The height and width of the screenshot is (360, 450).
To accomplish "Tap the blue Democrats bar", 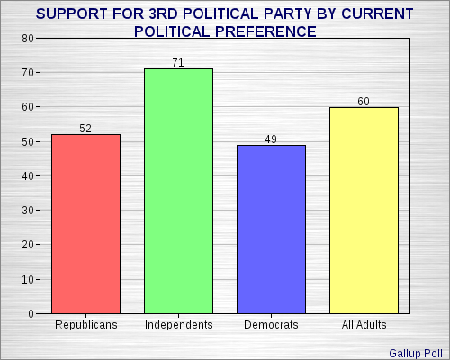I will pyautogui.click(x=271, y=229).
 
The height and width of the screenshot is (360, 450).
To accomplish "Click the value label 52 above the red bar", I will pyautogui.click(x=85, y=128).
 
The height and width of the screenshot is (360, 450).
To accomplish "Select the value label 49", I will pyautogui.click(x=271, y=139).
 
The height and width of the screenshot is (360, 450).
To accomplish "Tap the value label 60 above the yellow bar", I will pyautogui.click(x=364, y=101).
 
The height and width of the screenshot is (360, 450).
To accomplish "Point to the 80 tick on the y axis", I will pyautogui.click(x=28, y=39).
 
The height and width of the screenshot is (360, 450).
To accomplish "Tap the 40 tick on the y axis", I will pyautogui.click(x=28, y=176).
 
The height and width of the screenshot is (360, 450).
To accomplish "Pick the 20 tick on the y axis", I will pyautogui.click(x=28, y=245).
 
